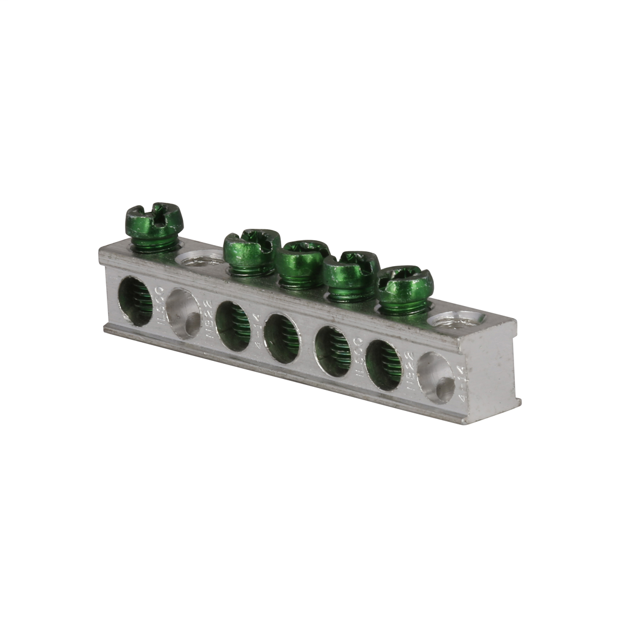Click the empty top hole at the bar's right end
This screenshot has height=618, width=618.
[x=457, y=319]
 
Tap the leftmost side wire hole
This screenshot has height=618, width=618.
[x=135, y=301]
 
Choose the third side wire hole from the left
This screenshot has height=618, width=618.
[x=233, y=326]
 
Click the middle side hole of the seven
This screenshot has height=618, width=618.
[x=282, y=338]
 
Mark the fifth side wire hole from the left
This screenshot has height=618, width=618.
[x=333, y=351]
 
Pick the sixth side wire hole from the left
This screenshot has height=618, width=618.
[x=383, y=365]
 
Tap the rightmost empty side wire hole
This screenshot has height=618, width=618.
[x=436, y=378]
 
